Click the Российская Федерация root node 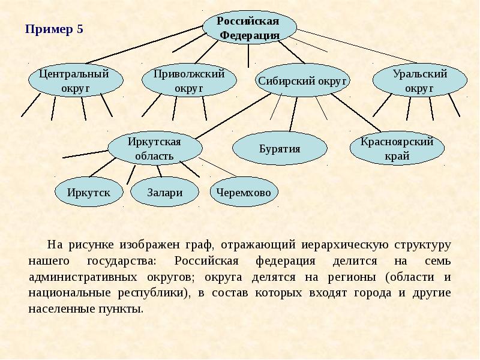[249, 28]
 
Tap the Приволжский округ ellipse [189, 81]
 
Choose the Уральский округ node [419, 82]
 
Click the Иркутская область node [154, 149]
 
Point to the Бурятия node [280, 149]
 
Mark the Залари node [164, 192]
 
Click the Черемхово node [244, 192]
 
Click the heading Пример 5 [53, 29]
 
